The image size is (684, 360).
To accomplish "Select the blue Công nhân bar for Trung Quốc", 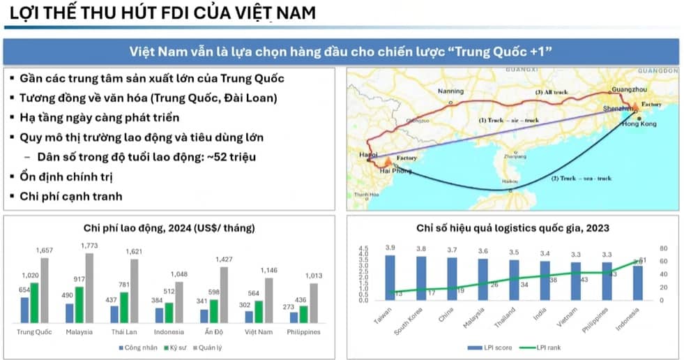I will [25, 310].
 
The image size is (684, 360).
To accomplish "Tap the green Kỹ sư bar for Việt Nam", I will [258, 311].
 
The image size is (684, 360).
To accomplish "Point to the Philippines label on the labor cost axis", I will [303, 331].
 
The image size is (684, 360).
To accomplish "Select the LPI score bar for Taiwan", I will [390, 278].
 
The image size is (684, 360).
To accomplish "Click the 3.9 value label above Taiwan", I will [390, 248].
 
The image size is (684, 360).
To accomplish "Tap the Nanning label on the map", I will [450, 91].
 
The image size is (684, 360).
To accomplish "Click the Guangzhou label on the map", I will [628, 90].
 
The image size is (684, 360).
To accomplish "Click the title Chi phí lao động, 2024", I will [169, 227].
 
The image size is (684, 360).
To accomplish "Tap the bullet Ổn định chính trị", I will [67, 177].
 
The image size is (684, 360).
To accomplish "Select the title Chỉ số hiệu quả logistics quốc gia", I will [513, 227].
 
